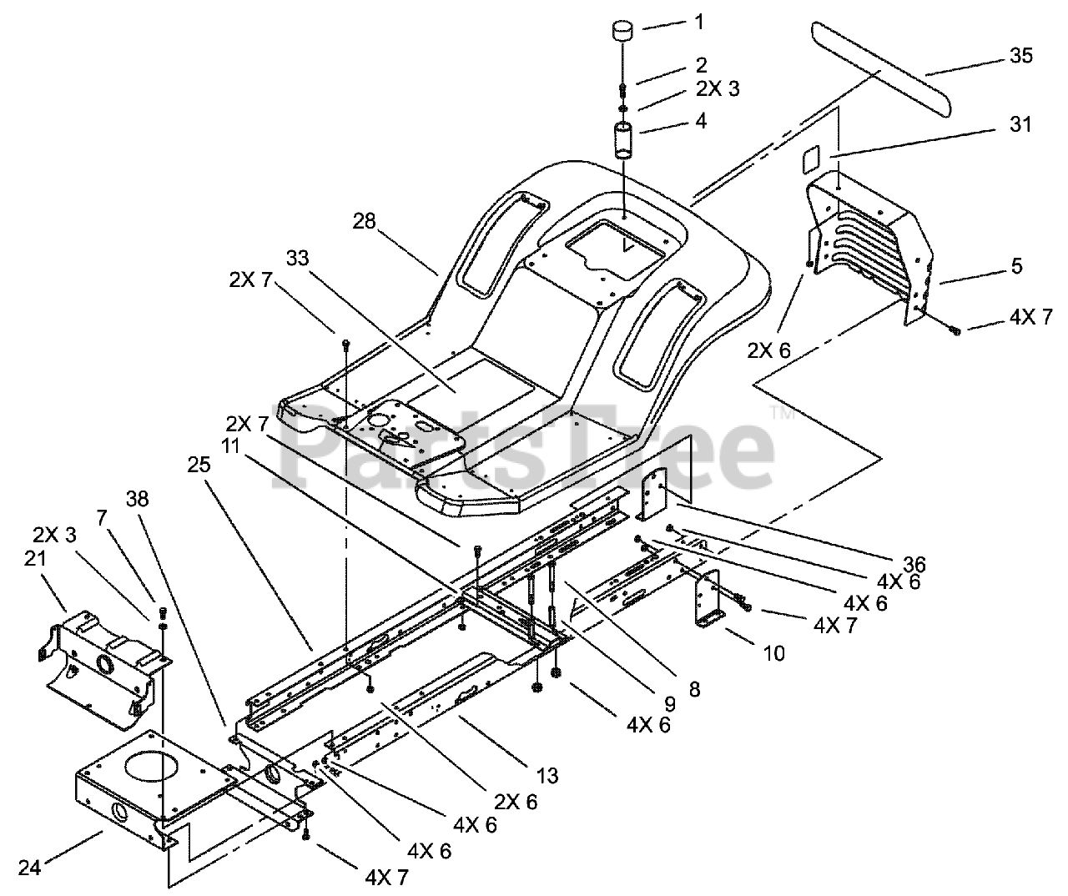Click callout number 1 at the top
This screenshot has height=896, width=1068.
(x=699, y=22)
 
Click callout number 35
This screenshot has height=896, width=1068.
(x=1020, y=56)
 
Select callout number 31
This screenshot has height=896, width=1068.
(x=1020, y=124)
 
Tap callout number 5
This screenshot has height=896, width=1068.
(x=1015, y=266)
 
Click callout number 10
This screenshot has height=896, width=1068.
(x=773, y=652)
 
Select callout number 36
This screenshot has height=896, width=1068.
(x=913, y=565)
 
